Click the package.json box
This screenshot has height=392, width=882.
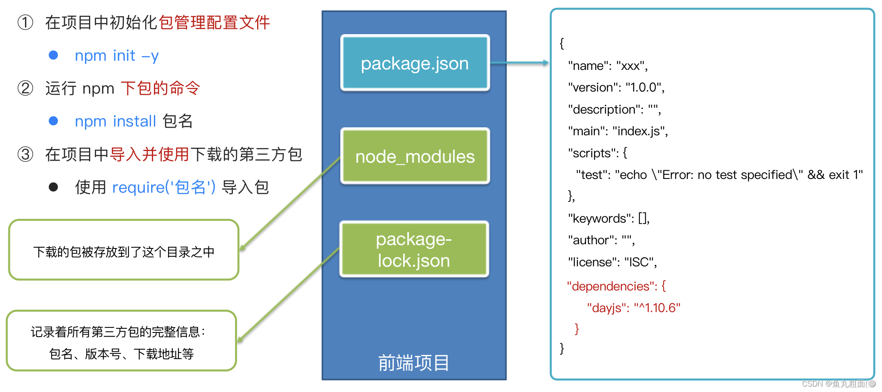click(415, 63)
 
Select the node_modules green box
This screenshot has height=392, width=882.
click(415, 156)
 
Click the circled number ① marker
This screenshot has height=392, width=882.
click(25, 22)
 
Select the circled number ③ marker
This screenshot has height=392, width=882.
click(25, 154)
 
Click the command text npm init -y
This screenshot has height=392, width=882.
click(116, 55)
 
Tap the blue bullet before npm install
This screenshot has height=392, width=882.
click(53, 121)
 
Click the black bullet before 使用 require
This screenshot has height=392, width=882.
click(53, 187)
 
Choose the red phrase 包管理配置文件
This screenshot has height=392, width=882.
click(214, 22)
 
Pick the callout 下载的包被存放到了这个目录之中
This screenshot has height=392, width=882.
click(124, 252)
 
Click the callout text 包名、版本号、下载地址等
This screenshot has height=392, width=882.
click(121, 354)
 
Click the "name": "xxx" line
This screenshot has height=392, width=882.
click(608, 66)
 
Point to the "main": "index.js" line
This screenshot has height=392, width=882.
click(618, 131)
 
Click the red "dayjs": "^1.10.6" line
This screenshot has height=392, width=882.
click(633, 308)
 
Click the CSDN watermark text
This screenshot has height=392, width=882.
click(834, 384)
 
